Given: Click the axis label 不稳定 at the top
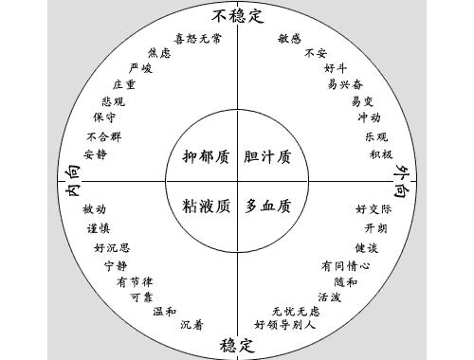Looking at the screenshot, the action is click(236, 14).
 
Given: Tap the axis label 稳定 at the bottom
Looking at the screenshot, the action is click(236, 344).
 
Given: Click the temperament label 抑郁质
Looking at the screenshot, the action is click(206, 155).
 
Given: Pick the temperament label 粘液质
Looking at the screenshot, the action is click(206, 205).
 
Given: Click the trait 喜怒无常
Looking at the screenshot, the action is click(198, 39).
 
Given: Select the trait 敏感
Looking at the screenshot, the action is click(290, 39).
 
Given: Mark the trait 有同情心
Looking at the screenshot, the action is click(345, 266).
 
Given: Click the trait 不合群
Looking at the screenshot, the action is click(103, 135).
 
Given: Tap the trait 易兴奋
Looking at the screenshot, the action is click(345, 84).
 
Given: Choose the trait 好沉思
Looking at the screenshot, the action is click(112, 248).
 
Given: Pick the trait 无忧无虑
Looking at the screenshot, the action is click(296, 311).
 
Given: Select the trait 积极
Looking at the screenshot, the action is click(381, 153).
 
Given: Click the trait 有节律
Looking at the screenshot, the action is click(135, 282).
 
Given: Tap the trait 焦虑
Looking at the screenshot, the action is click(159, 53).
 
